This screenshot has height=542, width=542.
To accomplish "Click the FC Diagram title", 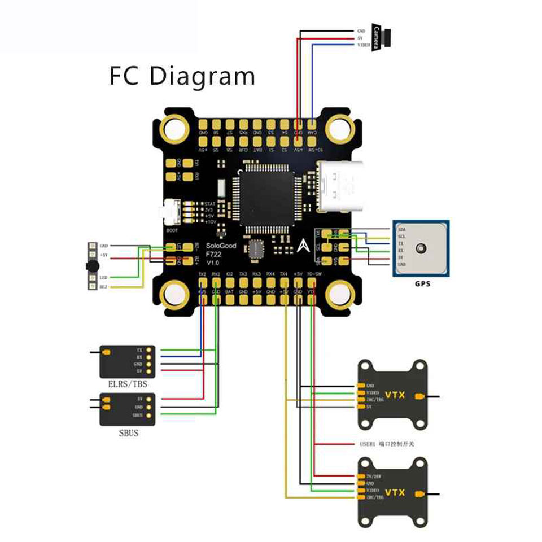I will click(182, 76).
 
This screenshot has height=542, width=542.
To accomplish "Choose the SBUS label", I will click(126, 433).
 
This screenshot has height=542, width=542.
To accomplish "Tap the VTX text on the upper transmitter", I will click(395, 395).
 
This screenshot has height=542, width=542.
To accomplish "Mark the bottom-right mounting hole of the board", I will click(339, 293).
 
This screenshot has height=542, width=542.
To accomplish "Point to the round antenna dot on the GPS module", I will click(421, 248).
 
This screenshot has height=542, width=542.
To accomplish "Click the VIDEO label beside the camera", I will click(363, 45).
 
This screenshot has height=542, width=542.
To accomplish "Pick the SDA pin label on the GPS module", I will click(401, 230).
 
